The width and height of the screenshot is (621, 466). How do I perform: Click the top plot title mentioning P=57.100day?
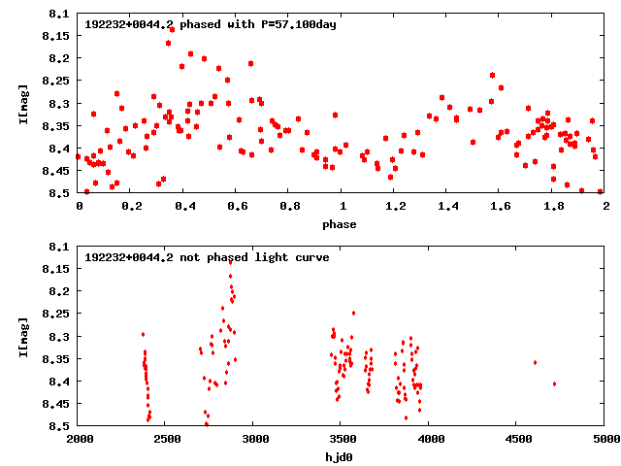coord(211,24)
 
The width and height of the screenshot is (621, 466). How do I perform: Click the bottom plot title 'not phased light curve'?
coord(207,257)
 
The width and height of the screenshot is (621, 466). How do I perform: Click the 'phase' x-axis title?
coord(341,224)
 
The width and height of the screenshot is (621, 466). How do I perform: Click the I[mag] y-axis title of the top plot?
coord(21,104)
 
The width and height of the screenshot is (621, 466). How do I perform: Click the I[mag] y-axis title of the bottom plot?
coord(21,337)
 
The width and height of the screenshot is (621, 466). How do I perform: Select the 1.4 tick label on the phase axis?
coord(446,206)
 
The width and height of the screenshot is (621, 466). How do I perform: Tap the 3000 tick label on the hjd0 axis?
coord(254,439)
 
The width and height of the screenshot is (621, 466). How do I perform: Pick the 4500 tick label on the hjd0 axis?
coord(517,439)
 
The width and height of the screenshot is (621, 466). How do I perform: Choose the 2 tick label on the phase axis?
coord(605,206)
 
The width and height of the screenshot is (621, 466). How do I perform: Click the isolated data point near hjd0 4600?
coord(535,362)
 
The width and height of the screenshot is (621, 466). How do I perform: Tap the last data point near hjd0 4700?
coord(554,383)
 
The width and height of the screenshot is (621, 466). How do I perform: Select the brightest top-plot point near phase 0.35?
coord(172,29)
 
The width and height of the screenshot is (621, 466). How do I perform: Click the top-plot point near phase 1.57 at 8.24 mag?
coord(492,75)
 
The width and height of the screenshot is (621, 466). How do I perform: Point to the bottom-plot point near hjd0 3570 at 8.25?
coord(353,313)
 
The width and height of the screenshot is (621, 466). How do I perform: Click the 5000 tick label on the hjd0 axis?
coord(605,439)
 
